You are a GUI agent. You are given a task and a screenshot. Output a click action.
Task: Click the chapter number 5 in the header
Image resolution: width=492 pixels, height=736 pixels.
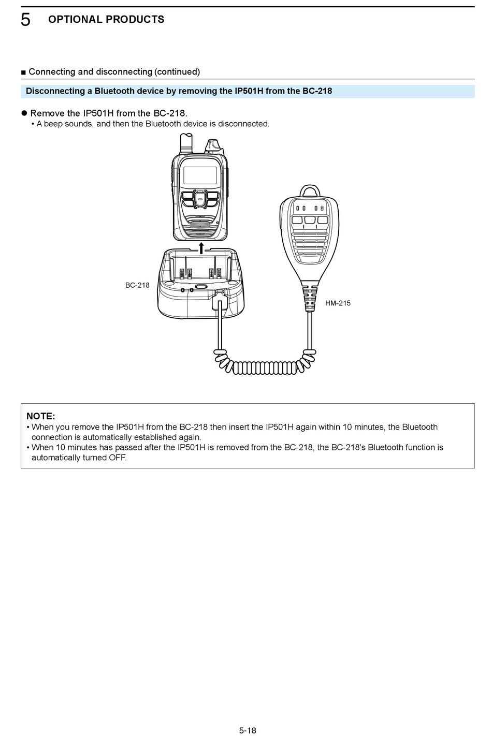tap(25, 20)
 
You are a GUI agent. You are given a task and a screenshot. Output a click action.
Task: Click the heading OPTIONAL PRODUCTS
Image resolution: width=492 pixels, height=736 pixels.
tap(106, 20)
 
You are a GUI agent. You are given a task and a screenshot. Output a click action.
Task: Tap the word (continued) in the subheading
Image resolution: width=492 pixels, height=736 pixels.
tap(177, 72)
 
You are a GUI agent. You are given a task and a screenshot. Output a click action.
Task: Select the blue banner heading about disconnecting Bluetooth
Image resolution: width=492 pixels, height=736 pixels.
tap(179, 91)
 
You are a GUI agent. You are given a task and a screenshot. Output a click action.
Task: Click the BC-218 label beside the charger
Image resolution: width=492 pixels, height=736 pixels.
tap(137, 285)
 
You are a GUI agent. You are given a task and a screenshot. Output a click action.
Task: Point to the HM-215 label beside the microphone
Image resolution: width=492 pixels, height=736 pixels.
tap(338, 303)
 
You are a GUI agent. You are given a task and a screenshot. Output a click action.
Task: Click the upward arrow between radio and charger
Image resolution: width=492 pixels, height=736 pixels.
tap(201, 247)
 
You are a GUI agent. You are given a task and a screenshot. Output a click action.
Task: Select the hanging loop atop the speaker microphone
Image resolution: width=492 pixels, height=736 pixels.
tap(310, 190)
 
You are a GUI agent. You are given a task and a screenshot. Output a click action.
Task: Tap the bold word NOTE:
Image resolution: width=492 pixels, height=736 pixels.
tap(40, 416)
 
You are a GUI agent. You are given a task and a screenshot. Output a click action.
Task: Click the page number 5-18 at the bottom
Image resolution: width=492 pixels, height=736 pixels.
tap(248, 730)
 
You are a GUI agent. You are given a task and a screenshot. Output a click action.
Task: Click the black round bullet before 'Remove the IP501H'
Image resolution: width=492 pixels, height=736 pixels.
tap(24, 113)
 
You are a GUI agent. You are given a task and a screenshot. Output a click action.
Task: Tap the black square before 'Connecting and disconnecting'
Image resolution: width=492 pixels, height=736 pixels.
tap(23, 72)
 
